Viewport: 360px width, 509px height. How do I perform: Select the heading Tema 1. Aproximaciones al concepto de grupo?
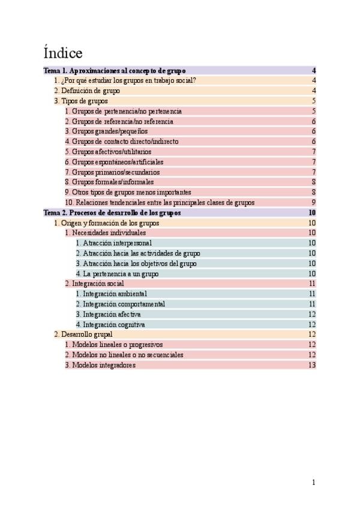[x=115, y=71]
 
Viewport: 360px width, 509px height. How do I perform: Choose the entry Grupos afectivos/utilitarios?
[x=108, y=152]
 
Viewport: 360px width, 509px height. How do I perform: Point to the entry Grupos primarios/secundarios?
[x=112, y=172]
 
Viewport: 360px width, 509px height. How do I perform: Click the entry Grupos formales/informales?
[x=109, y=182]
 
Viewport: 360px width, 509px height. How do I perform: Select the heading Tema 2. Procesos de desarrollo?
[x=112, y=213]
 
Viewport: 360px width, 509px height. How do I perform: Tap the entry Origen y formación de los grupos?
[x=106, y=223]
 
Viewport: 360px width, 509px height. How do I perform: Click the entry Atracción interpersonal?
[x=113, y=243]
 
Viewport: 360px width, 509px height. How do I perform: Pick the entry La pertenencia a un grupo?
[x=117, y=274]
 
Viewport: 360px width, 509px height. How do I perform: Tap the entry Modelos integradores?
[x=100, y=365]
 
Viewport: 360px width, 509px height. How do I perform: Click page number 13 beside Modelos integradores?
[x=312, y=365]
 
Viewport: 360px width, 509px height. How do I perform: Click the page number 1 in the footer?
[x=313, y=482]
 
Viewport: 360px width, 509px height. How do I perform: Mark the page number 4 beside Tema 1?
[x=314, y=71]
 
